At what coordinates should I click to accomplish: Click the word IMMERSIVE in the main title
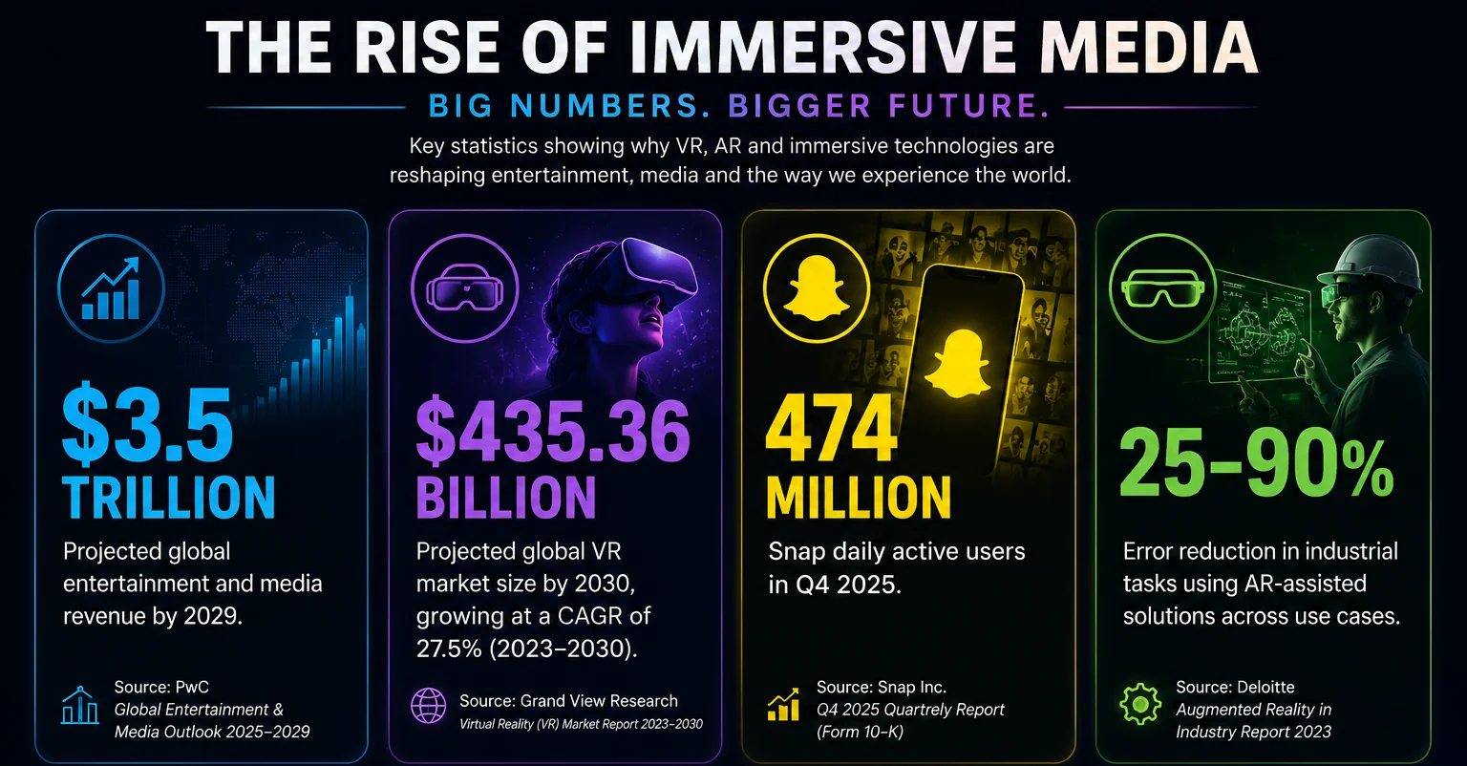click(x=823, y=47)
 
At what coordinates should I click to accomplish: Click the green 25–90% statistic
click(x=1256, y=464)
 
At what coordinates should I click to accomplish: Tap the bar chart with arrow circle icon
click(x=111, y=288)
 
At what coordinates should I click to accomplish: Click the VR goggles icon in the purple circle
click(x=465, y=288)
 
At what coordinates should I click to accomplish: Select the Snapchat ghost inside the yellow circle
click(x=817, y=288)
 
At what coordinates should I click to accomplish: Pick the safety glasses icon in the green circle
click(x=1162, y=288)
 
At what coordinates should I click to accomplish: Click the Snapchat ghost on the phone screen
click(x=958, y=363)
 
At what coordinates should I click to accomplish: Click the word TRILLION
click(x=169, y=498)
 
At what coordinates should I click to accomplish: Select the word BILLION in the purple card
click(x=506, y=498)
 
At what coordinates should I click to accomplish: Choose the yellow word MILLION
click(x=858, y=498)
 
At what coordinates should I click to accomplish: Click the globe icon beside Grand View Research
click(x=428, y=706)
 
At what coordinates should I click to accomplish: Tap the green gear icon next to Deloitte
click(x=1140, y=704)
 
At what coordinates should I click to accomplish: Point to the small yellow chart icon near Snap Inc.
click(x=783, y=705)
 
